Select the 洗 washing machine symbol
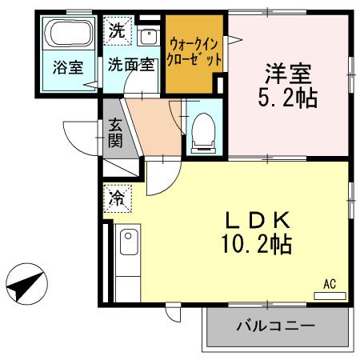pos(116,33)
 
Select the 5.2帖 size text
pos(288,99)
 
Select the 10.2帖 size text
pos(257,243)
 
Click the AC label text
pos(329,283)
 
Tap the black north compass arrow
pos(26,284)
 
